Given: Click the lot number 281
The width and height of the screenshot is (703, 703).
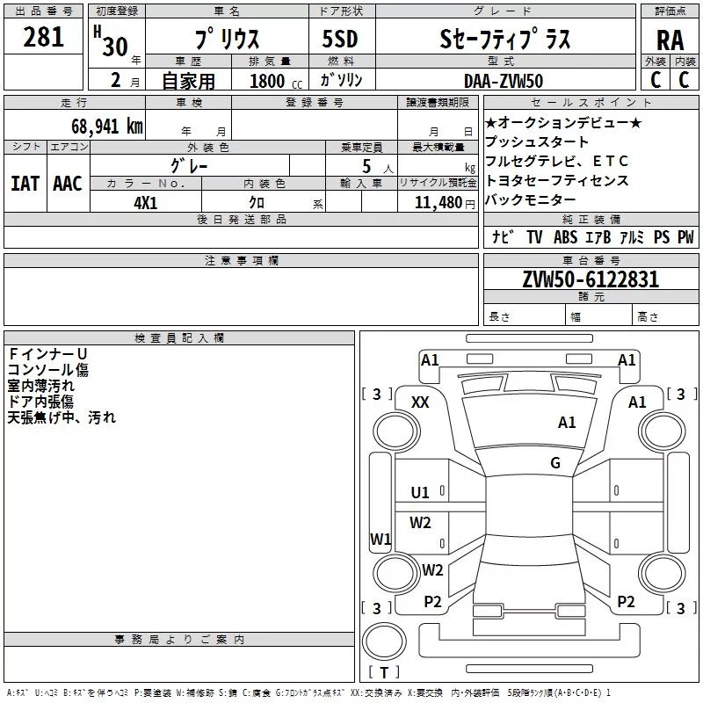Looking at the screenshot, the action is coord(43,37).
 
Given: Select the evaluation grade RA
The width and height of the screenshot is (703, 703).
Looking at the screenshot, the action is coord(670,40).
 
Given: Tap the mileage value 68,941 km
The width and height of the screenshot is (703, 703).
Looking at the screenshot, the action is coord(106,126).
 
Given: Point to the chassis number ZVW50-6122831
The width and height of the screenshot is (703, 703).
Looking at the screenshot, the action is coord(591,279).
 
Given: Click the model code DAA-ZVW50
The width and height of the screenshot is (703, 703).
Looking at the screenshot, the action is coord(504,81).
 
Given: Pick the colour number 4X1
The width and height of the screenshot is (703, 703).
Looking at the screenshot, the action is coord(146,203).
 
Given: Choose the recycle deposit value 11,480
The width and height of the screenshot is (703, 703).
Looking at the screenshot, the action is coord(438,203).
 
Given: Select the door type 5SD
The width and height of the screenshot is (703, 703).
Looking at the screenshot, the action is coord(340,39).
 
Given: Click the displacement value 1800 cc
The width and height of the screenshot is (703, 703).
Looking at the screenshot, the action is coord(276,81).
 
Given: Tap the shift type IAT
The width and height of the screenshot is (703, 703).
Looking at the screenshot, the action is coord(25,184).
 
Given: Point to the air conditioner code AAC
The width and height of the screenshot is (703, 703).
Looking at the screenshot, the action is coord(68,184).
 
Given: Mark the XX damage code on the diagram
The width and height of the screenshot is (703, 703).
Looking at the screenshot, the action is coord(420,402).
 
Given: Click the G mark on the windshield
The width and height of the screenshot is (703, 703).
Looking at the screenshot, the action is coord(555,462).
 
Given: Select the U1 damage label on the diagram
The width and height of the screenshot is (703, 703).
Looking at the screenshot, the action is coord(420,493).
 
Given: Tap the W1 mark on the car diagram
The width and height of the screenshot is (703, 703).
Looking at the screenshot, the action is coord(380,539).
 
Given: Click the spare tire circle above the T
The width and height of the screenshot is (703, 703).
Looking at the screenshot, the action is coord(384,641).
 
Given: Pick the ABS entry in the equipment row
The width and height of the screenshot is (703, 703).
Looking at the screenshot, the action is coord(565,237).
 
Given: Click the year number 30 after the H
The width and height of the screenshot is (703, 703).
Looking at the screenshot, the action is coord(115,47).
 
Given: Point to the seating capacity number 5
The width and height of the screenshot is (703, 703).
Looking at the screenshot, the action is coord(366,166).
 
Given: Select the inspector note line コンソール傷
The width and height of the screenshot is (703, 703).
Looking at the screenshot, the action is coord(48,370).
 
